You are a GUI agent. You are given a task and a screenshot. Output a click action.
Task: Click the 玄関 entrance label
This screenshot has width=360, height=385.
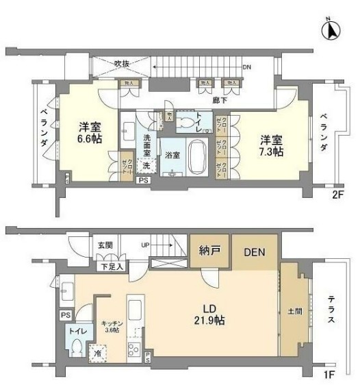(104, 245)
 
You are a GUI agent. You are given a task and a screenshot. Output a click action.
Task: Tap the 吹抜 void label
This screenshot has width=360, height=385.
(123, 62)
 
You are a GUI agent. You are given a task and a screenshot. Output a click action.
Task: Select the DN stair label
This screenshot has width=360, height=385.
(246, 68)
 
